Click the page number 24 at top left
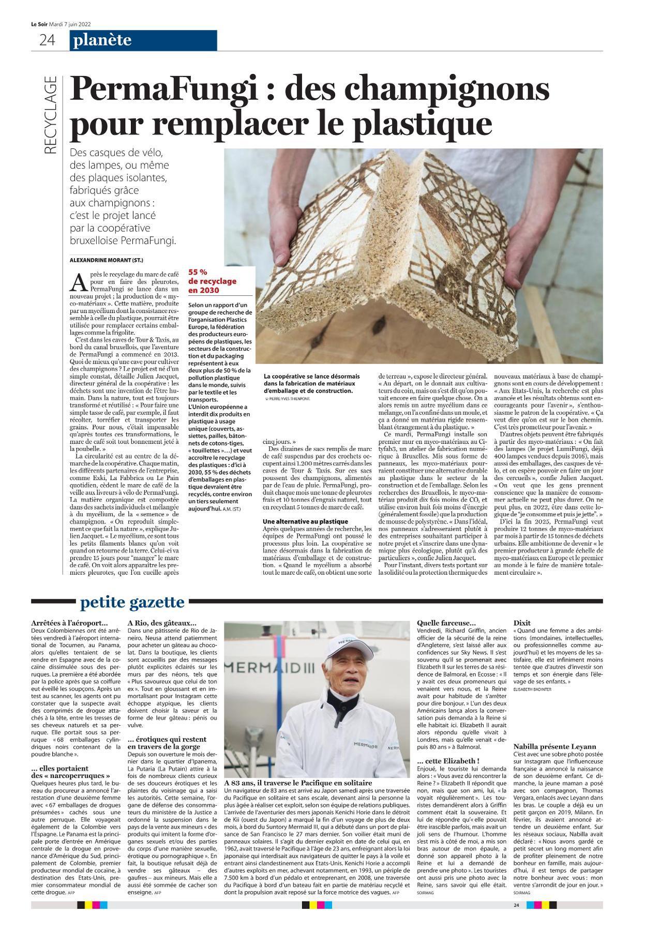[47, 40]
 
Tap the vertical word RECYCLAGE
[50, 115]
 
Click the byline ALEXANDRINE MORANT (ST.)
[106, 260]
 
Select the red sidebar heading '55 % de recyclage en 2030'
[212, 281]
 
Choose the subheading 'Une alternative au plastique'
[305, 521]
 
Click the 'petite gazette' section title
[132, 602]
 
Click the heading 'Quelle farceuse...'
[446, 623]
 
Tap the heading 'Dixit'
[522, 623]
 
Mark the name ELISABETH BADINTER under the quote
[532, 689]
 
